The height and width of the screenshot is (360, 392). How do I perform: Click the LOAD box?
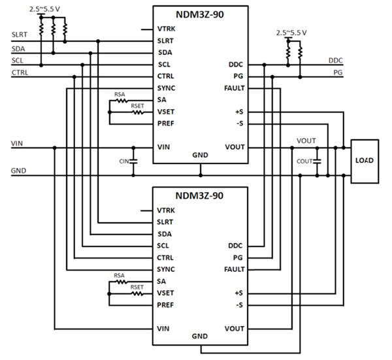pos(365,160)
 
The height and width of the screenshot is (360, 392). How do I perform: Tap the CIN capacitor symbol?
pos(133,161)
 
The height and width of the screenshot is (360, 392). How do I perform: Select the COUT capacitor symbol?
pos(317,161)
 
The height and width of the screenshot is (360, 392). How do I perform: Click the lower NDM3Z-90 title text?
pos(200,195)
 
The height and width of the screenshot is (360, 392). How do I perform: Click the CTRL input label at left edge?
pos(19,73)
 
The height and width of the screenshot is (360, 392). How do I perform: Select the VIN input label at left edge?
pos(18,142)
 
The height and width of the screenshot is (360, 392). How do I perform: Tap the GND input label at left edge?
pos(19,171)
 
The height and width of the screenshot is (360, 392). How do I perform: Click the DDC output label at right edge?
pos(336,60)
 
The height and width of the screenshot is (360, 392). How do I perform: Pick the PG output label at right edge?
pos(338,73)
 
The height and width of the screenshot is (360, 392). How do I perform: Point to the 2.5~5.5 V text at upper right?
pos(292,31)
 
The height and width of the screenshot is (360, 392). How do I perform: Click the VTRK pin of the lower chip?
pos(166,210)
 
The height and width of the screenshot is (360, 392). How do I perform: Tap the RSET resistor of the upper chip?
pos(137,112)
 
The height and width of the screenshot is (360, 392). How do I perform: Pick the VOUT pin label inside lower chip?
pos(234,328)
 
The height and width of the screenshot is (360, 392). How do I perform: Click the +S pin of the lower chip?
pos(238,293)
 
